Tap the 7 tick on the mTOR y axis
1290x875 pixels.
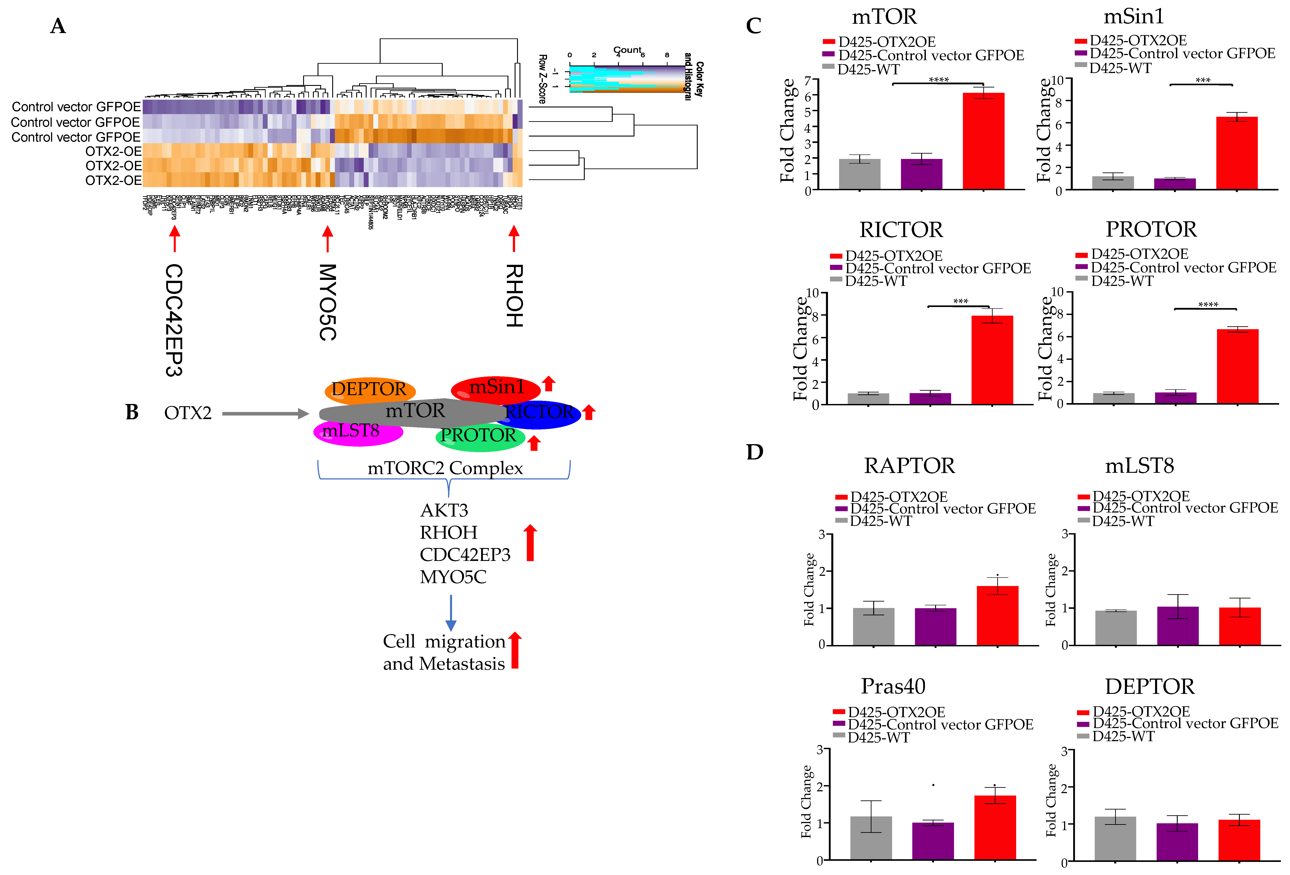tap(808, 81)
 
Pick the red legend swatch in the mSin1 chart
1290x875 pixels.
tap(1080, 41)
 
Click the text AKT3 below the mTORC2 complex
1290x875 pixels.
tap(444, 510)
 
